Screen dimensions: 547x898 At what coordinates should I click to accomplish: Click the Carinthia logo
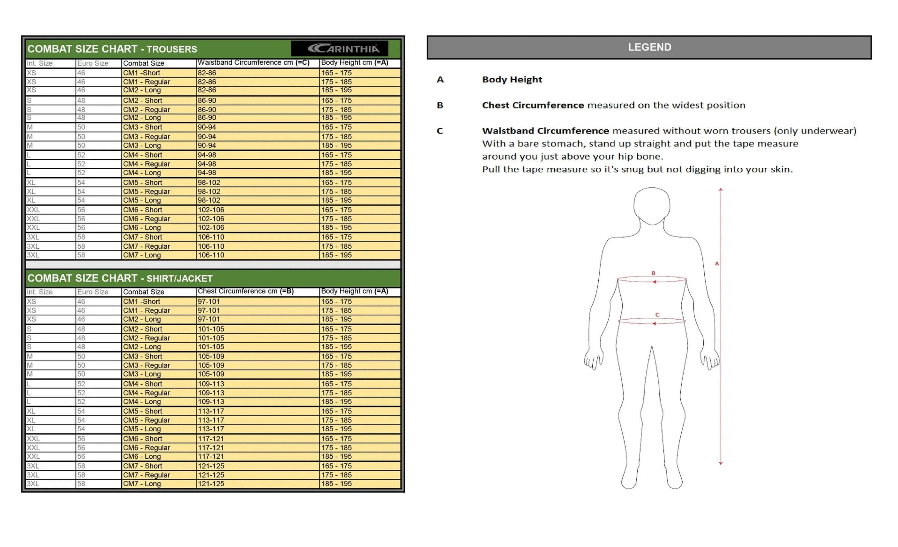click(x=343, y=49)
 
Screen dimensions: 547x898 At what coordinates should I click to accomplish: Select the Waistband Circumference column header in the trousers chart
click(x=253, y=63)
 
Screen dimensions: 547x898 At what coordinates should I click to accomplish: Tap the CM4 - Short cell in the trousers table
click(x=142, y=155)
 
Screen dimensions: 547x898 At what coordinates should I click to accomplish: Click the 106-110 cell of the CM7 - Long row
click(x=211, y=255)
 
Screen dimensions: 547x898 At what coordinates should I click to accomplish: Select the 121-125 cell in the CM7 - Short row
click(x=211, y=466)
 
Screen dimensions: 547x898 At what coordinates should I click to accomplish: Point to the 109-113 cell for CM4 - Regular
click(x=211, y=393)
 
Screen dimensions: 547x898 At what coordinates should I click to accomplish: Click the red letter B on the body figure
click(x=653, y=273)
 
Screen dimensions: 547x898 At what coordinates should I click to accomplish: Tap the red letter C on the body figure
click(x=657, y=314)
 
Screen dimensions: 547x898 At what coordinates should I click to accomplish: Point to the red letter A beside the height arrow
click(x=717, y=263)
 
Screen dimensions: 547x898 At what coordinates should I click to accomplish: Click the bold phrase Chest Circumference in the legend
click(x=533, y=105)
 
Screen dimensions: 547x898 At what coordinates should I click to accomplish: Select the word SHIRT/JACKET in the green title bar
click(x=179, y=279)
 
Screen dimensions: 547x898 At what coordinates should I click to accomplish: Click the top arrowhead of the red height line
click(x=720, y=190)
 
